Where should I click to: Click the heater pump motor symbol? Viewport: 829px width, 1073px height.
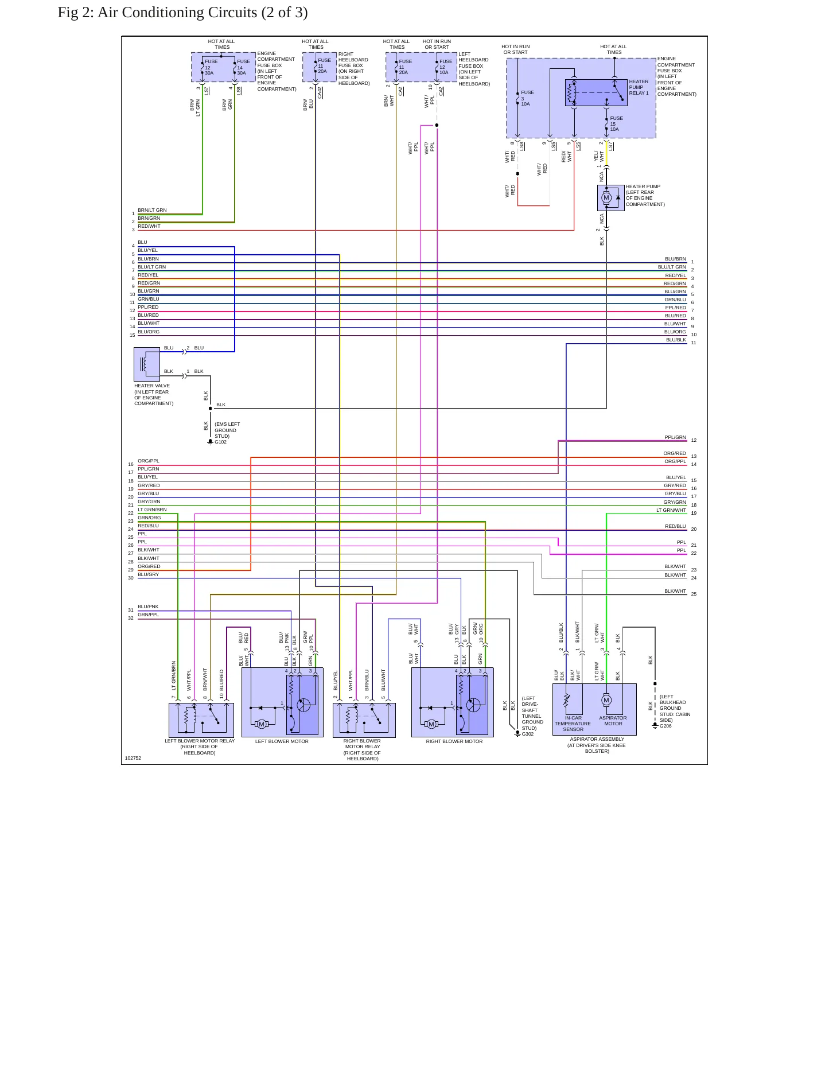pos(606,198)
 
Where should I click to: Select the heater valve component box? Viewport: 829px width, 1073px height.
pos(147,364)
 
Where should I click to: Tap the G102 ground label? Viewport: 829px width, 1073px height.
pos(221,442)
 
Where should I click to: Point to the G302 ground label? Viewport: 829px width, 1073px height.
pos(528,734)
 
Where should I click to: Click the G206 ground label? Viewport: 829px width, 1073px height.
pos(665,726)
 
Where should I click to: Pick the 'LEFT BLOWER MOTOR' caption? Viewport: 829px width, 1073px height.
pos(282,741)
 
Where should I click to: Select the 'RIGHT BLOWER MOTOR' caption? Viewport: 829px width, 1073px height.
pos(454,741)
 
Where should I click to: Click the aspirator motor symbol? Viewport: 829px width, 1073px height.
pos(606,700)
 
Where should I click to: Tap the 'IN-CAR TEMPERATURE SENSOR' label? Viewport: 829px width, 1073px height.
pos(573,724)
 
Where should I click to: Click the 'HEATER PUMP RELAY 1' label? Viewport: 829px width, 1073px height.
pos(639,87)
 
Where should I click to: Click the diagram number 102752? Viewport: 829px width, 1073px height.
pos(133,758)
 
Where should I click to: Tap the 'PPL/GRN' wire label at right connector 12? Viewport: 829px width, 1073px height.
pos(675,437)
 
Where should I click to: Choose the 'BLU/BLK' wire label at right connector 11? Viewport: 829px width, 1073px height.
pos(676,340)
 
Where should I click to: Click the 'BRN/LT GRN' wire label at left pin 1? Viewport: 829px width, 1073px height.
pos(152,210)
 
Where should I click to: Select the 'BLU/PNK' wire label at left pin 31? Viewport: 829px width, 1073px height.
pos(148,607)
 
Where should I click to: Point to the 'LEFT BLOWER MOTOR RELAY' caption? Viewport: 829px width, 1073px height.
pos(200,741)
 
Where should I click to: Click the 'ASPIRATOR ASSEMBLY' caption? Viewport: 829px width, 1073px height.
pos(597,739)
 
